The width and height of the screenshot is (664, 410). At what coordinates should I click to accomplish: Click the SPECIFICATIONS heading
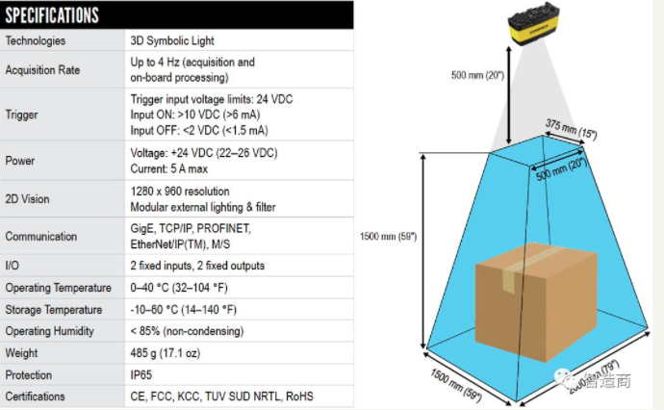[x=53, y=15]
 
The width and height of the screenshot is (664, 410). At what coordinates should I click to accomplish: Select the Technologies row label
[x=36, y=41]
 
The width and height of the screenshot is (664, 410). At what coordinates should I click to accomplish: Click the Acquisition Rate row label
[x=42, y=70]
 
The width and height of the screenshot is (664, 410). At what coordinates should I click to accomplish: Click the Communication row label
[x=41, y=236]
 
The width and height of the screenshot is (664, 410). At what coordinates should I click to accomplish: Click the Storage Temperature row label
[x=54, y=310]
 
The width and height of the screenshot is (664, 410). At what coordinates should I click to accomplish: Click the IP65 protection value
[x=142, y=375]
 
